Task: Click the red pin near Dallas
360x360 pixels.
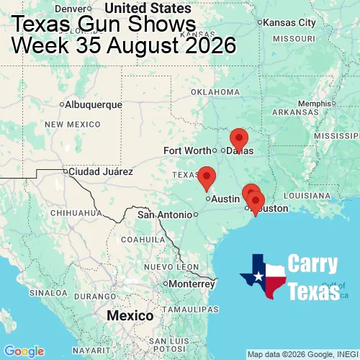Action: click(x=238, y=138)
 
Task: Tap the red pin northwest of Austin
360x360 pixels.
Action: click(x=207, y=176)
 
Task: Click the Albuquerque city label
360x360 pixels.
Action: click(x=94, y=104)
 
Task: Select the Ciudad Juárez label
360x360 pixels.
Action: click(x=101, y=172)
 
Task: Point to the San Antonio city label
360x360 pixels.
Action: click(x=166, y=215)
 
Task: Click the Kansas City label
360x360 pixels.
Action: click(x=290, y=22)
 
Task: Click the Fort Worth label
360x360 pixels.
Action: click(x=187, y=150)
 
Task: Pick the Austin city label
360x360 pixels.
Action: click(x=225, y=198)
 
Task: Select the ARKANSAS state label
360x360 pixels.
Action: click(x=295, y=112)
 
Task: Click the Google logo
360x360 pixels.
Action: click(x=24, y=351)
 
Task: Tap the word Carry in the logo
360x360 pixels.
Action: click(x=314, y=264)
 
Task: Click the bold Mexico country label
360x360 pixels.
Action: click(x=130, y=316)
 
